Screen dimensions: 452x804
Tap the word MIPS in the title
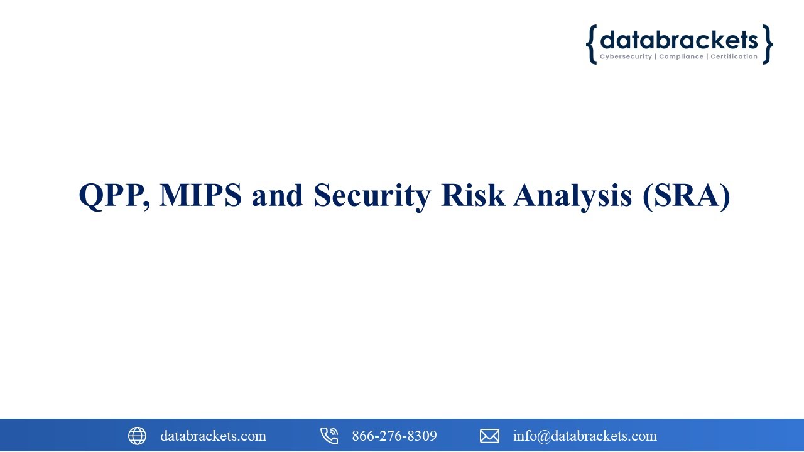point(200,195)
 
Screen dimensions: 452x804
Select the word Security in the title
point(372,195)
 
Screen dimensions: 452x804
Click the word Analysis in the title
point(573,195)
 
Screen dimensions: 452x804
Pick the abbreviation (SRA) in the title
point(687,195)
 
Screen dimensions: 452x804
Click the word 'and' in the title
point(278,195)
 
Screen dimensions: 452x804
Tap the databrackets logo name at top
point(679,40)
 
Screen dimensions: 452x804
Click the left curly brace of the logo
point(591,45)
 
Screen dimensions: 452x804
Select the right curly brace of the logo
point(767,45)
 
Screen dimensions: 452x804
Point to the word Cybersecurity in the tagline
point(626,57)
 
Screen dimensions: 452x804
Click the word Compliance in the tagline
point(681,57)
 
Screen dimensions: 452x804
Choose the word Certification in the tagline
point(734,57)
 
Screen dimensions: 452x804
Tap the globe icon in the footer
point(137,436)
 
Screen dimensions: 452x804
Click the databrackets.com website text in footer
point(213,436)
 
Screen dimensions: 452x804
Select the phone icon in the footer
point(329,436)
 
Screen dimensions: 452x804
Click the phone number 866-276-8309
point(394,436)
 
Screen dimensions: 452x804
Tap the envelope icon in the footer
point(489,436)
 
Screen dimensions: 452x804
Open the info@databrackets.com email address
point(585,436)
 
